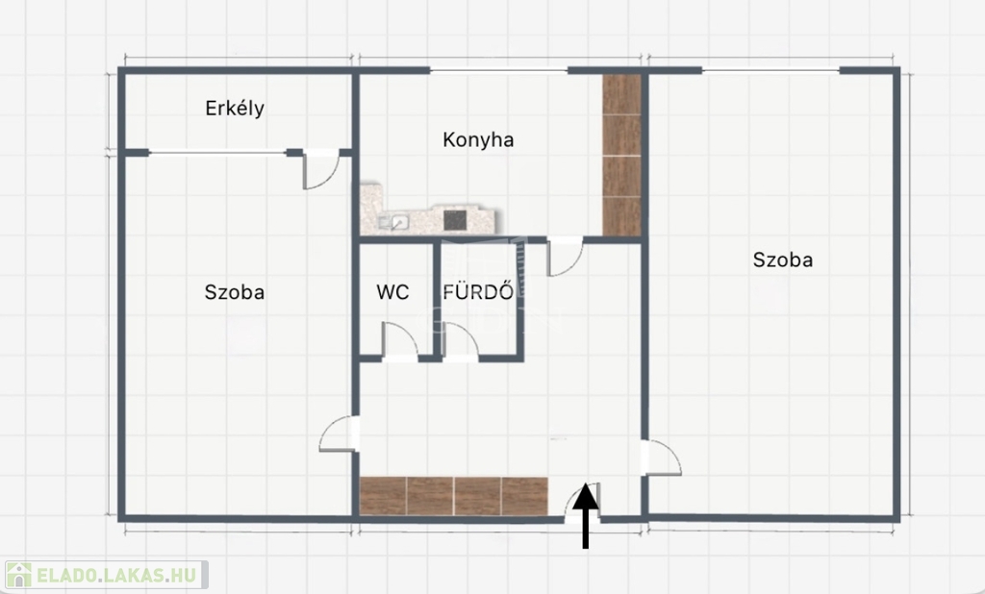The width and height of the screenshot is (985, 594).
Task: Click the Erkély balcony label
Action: [235, 109]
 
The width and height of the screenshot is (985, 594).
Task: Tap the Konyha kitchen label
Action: [478, 139]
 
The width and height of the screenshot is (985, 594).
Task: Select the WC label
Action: [392, 292]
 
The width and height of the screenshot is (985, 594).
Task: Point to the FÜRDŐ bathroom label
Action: [478, 291]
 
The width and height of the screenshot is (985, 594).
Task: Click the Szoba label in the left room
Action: [235, 292]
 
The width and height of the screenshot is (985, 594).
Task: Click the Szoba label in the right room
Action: [783, 260]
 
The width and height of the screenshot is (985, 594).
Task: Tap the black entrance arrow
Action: [586, 515]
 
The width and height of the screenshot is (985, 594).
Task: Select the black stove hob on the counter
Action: [455, 220]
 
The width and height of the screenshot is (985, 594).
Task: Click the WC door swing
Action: [400, 341]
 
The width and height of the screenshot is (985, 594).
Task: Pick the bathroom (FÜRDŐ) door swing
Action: [461, 341]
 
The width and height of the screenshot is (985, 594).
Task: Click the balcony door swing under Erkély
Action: [321, 169]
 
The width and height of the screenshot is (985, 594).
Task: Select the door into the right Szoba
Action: [661, 458]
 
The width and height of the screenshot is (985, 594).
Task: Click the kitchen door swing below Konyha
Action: [566, 257]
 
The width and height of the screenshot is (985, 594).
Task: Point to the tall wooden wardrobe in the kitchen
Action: [621, 155]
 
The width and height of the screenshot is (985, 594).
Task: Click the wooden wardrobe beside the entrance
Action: [454, 496]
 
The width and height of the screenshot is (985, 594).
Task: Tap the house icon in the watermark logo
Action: [18, 575]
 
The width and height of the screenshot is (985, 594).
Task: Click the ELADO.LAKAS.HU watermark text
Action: [116, 575]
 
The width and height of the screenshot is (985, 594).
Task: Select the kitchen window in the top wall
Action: [499, 70]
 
